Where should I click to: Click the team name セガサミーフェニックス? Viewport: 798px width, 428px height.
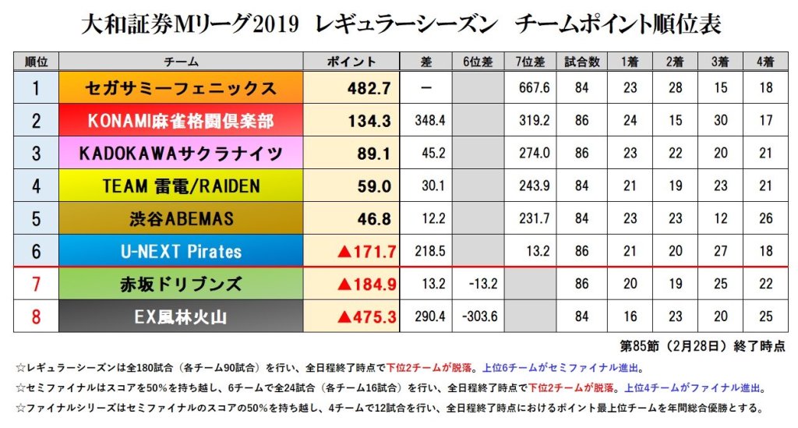point(180,88)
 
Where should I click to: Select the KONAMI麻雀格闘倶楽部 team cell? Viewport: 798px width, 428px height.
point(180,121)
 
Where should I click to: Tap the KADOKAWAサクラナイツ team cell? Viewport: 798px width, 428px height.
point(180,154)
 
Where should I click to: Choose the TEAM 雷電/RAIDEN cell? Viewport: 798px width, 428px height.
point(180,186)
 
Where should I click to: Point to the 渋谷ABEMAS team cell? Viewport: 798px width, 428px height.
point(180,219)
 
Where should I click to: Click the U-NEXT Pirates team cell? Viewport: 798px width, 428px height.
point(180,252)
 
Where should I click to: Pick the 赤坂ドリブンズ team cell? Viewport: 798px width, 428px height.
point(180,284)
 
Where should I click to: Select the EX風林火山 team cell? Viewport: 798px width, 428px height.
point(180,317)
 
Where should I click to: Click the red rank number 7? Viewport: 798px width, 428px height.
point(36,284)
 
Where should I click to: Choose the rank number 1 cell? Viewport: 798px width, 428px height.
point(36,88)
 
